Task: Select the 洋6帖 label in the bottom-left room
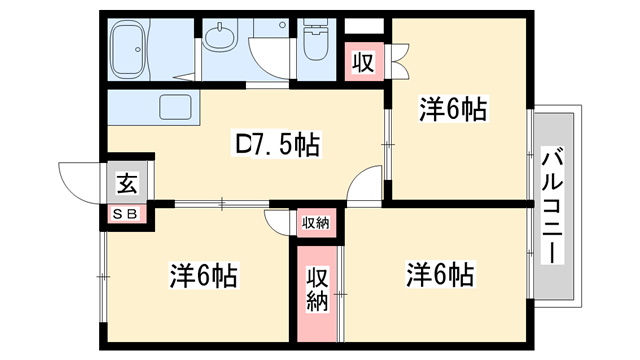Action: point(203,273)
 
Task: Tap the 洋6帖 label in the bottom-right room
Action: point(439,272)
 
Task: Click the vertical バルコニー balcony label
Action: point(552,204)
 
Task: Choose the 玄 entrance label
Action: point(127,183)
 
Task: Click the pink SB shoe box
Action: point(127,212)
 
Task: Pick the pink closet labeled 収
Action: point(362,63)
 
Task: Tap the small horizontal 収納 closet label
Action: point(315,221)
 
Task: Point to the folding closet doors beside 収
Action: point(398,62)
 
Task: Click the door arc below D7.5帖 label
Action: point(367,188)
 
